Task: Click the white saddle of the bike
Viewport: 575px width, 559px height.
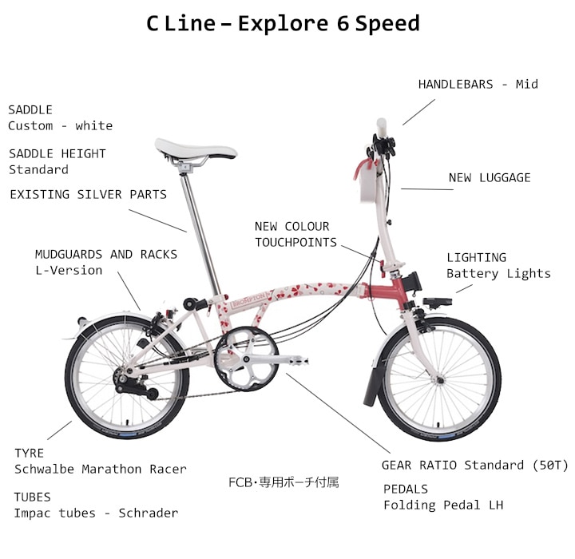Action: [x=195, y=149]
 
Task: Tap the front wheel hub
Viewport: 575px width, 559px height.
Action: [x=440, y=380]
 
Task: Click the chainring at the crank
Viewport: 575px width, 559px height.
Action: [x=247, y=359]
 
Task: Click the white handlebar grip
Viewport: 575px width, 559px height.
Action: [x=382, y=127]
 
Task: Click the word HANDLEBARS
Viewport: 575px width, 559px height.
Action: [x=455, y=85]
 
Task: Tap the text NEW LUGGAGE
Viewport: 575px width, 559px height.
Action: [x=490, y=178]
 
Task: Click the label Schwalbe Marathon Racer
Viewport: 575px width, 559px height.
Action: [x=101, y=469]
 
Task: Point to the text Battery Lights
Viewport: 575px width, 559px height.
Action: [x=498, y=274]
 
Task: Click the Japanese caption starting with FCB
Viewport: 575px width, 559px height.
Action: [x=284, y=482]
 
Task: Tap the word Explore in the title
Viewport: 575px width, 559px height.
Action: [x=283, y=24]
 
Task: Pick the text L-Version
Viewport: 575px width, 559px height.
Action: [x=69, y=271]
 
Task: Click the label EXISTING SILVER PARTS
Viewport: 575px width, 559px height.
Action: [x=89, y=194]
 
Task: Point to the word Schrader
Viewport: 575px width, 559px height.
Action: [x=149, y=513]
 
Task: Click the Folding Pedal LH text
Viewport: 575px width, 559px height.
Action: [x=443, y=505]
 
